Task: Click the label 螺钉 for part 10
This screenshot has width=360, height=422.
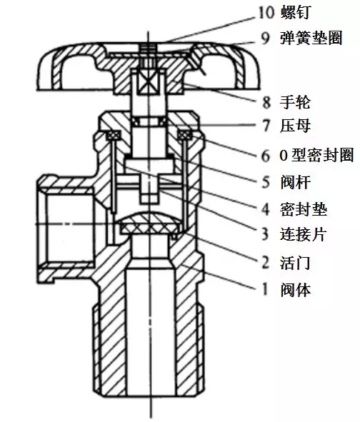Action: tap(296, 12)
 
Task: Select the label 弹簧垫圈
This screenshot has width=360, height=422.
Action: tap(311, 38)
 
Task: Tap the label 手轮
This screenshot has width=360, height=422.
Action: tap(296, 102)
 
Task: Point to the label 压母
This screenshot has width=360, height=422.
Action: tap(296, 126)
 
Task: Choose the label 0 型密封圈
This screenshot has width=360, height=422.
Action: tap(316, 155)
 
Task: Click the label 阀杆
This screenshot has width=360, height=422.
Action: tap(296, 182)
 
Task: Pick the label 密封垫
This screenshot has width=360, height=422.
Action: tap(304, 209)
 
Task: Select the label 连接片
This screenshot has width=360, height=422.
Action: tap(304, 234)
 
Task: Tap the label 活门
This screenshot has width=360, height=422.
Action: tap(296, 263)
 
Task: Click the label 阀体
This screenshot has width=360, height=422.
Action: tap(296, 290)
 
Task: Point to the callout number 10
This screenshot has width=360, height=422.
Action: tap(266, 13)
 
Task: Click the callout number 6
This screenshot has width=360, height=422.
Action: tap(266, 156)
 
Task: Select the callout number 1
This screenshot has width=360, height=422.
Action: tap(265, 290)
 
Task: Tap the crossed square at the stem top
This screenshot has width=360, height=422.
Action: tap(148, 82)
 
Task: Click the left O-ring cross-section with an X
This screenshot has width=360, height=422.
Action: tap(114, 135)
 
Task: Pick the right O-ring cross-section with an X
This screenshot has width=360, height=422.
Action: tap(185, 135)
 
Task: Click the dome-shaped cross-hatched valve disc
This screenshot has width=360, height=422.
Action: tap(149, 223)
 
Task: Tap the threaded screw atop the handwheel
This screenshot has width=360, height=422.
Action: tap(148, 55)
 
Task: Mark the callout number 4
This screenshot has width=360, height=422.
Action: tap(266, 210)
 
